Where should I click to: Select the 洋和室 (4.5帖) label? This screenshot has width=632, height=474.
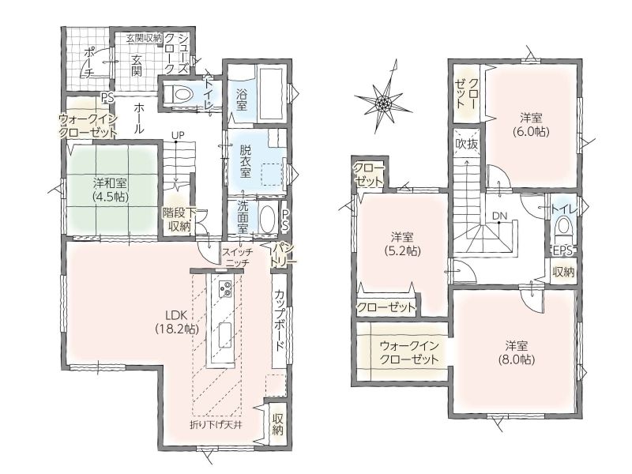[110, 190]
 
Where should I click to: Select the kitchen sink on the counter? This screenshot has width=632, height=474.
[224, 336]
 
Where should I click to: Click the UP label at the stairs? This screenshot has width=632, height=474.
[177, 136]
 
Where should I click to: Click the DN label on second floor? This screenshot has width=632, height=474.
[500, 216]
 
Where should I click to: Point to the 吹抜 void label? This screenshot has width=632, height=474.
[467, 144]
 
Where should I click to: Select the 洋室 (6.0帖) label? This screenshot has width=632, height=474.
[530, 124]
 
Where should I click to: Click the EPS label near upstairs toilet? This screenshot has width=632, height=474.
[562, 250]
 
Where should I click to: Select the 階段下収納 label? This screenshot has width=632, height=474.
[179, 219]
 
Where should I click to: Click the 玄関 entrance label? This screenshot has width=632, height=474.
[136, 66]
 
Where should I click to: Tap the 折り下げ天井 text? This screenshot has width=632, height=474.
[216, 424]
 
